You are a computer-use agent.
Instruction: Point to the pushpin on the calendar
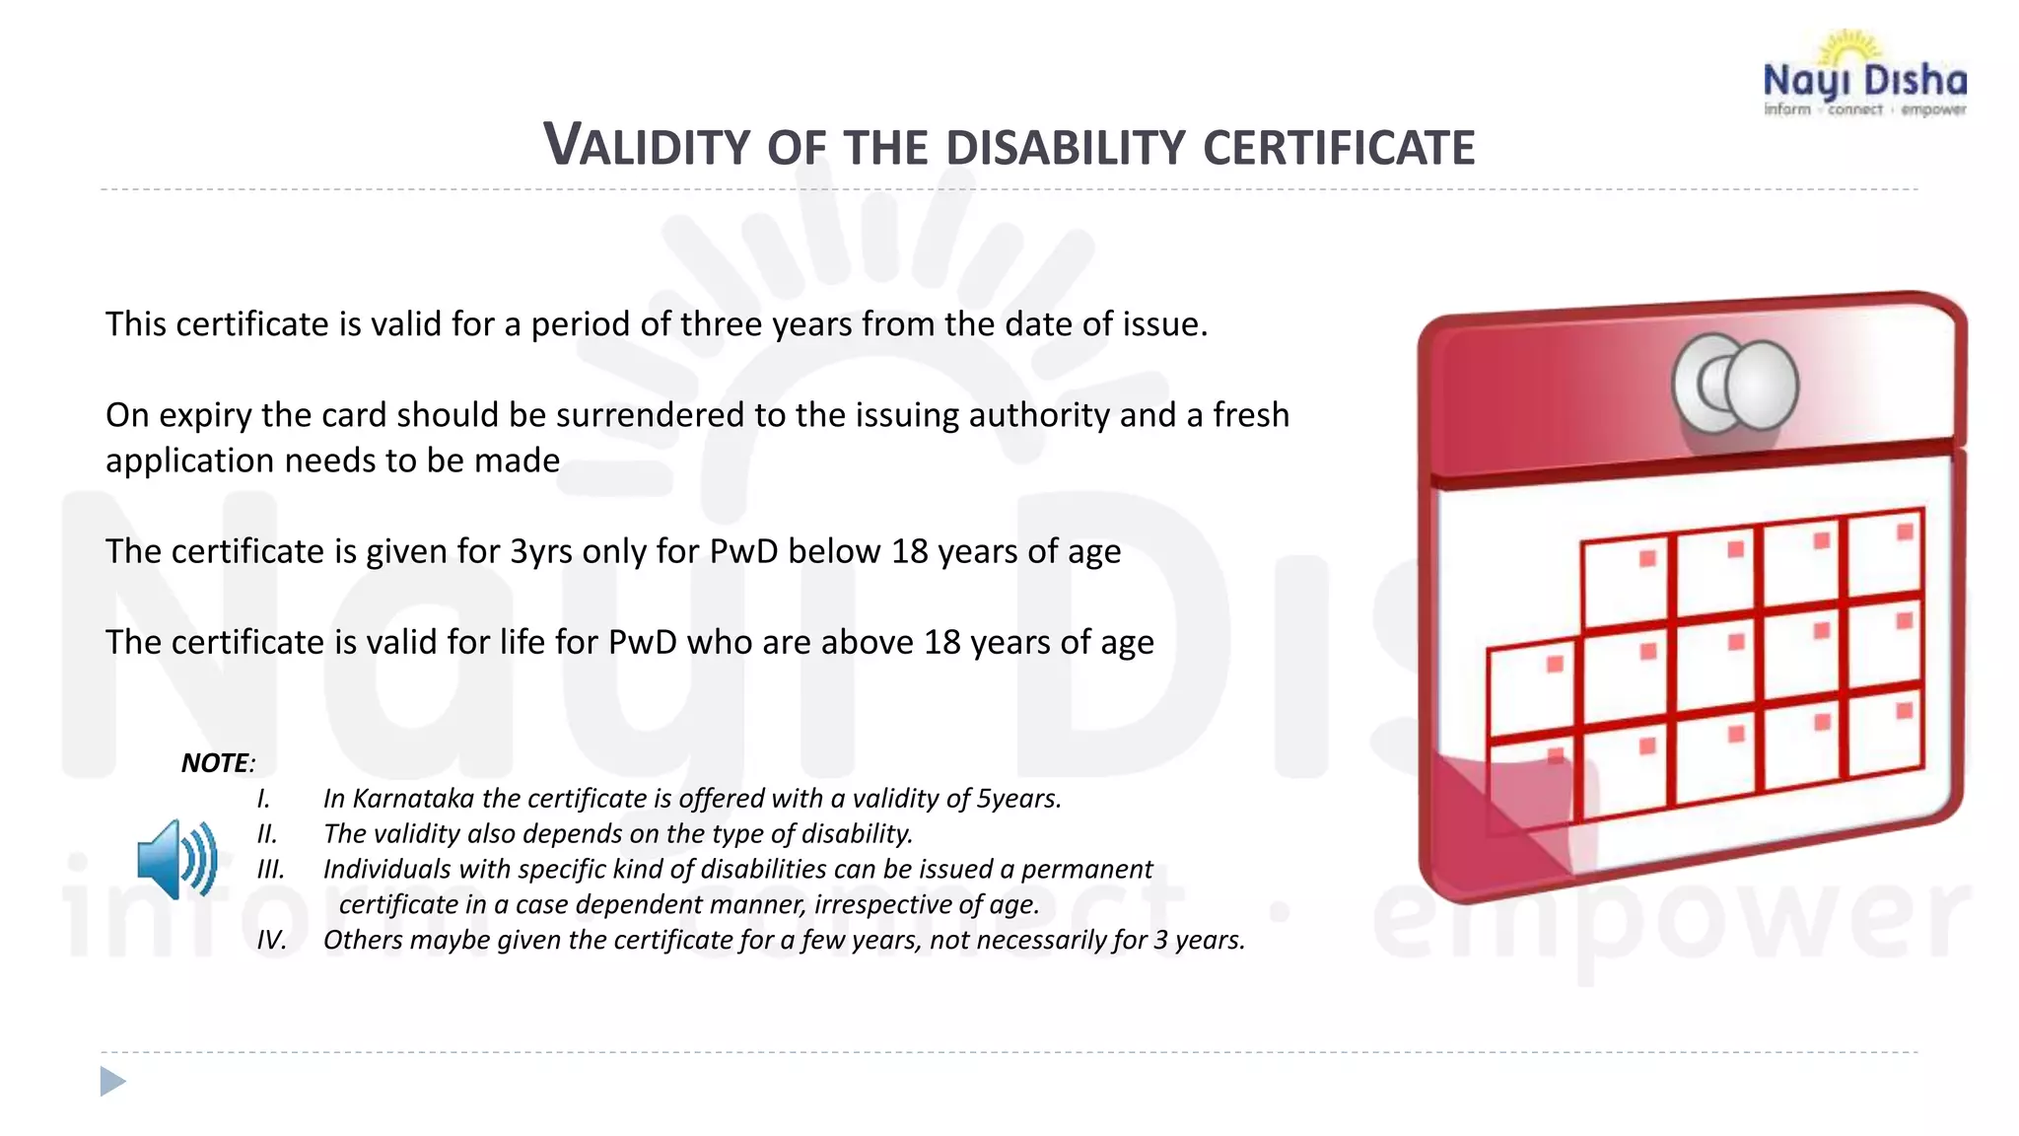(1736, 385)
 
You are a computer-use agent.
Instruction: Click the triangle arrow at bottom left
(112, 1082)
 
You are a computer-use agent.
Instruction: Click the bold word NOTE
(215, 762)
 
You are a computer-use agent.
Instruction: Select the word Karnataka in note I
(414, 798)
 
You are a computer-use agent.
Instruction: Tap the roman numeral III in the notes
(270, 869)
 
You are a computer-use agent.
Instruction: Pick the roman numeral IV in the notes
(271, 940)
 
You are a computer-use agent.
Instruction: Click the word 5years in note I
(1017, 798)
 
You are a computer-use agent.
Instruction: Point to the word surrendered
(651, 415)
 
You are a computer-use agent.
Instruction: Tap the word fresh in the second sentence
(1250, 415)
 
